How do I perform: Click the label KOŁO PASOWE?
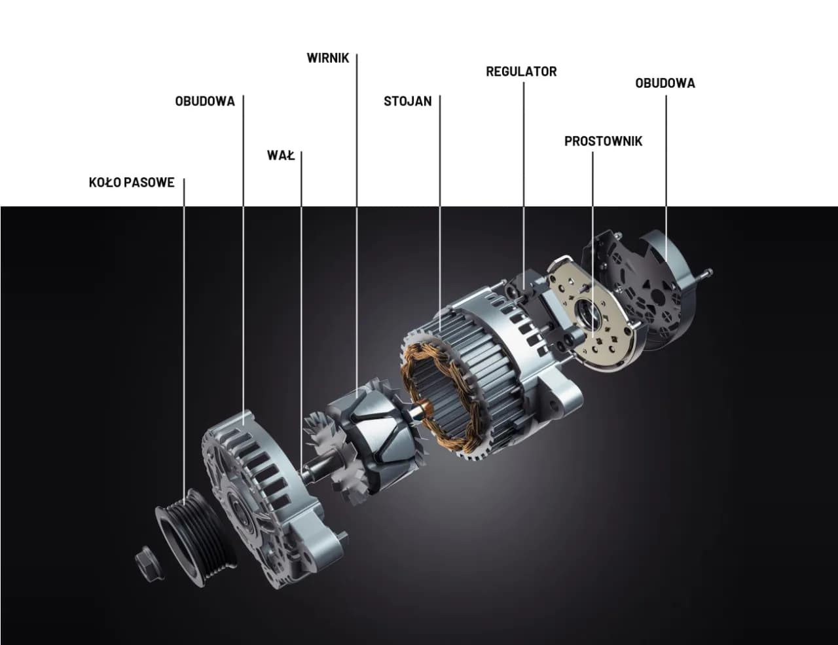point(132,182)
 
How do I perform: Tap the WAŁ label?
point(281,155)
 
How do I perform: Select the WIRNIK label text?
point(328,58)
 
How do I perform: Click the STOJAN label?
point(408,101)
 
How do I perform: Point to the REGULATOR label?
point(521,71)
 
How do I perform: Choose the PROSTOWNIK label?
point(603,141)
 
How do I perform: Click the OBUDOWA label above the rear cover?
point(665,83)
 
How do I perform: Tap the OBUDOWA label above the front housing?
point(205,101)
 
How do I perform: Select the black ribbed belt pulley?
point(194,537)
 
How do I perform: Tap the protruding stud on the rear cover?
point(705,274)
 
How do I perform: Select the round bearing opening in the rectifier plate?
point(588,316)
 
